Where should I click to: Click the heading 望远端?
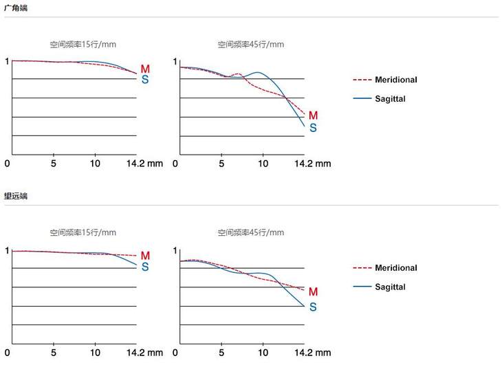(x=16, y=196)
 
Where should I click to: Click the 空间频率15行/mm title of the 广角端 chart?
(x=83, y=45)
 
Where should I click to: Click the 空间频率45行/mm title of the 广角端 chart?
(x=251, y=45)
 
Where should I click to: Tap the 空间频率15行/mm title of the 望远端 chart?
(x=83, y=233)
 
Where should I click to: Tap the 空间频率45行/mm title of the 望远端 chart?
(x=251, y=233)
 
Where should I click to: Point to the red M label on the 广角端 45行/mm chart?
(x=314, y=115)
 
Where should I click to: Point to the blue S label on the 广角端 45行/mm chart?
(x=314, y=128)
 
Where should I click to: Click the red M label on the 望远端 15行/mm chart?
(x=145, y=256)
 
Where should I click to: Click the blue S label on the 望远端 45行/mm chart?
(x=313, y=307)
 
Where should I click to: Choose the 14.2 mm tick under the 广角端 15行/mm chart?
(x=144, y=164)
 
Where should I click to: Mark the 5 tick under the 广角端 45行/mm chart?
(x=221, y=164)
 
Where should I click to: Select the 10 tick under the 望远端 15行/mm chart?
(x=95, y=353)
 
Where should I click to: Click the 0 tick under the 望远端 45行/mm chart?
(x=175, y=353)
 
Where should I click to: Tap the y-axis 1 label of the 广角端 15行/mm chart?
(x=8, y=62)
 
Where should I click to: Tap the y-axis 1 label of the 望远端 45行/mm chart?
(x=175, y=250)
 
